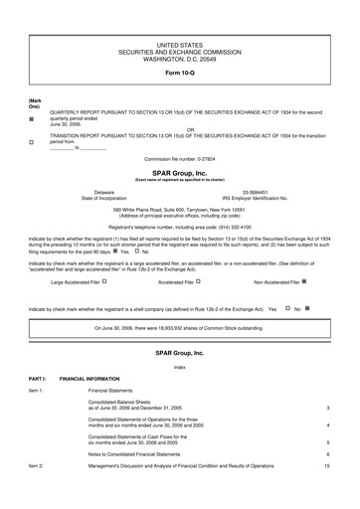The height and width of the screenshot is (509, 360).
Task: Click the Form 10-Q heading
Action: [180, 74]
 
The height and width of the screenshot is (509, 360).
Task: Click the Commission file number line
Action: [180, 159]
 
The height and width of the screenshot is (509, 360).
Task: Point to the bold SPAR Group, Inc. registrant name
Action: [180, 172]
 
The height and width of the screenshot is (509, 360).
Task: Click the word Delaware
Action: [103, 191]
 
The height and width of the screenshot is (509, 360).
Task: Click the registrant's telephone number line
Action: [180, 228]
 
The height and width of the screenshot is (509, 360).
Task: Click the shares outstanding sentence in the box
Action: [180, 328]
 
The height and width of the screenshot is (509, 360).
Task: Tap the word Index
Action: [180, 368]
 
